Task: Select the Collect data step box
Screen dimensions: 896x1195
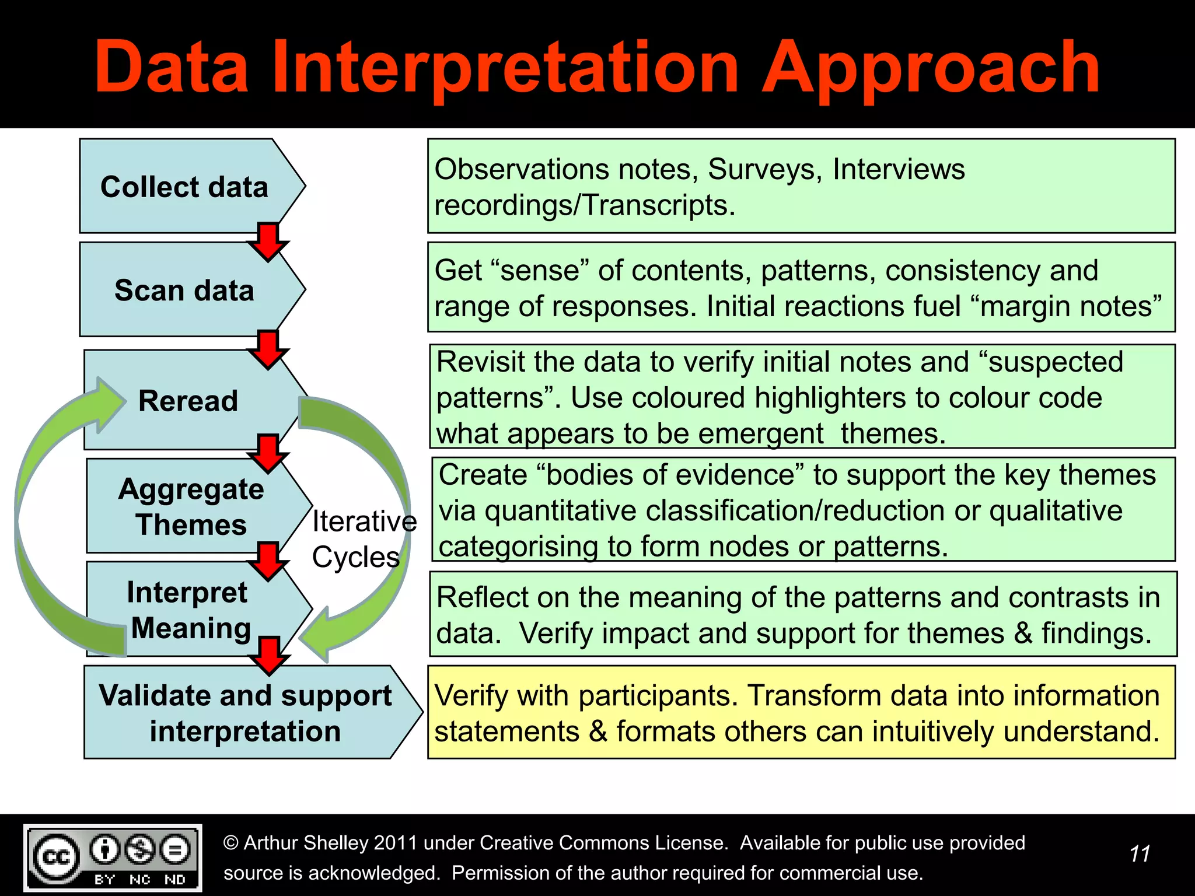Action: (184, 187)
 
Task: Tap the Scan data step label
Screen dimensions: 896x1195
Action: (184, 290)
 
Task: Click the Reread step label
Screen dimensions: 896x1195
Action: (188, 401)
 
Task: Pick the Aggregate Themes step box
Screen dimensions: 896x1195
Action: (191, 506)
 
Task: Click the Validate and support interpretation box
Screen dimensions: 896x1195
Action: (245, 713)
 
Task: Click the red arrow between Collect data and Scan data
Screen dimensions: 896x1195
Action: (268, 240)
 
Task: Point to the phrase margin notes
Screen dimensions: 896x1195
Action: (1071, 307)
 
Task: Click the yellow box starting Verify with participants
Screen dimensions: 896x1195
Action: (801, 712)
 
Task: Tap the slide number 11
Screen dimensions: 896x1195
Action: (1139, 854)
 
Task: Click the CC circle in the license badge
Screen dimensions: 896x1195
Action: (56, 857)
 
